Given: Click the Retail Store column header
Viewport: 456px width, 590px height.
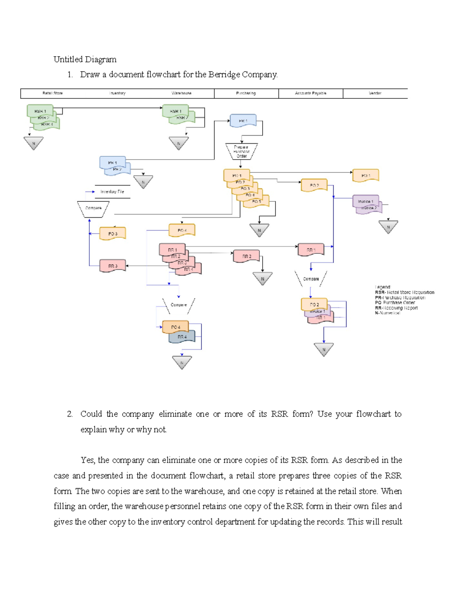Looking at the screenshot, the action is [x=53, y=93].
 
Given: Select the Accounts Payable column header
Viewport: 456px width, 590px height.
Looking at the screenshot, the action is [x=310, y=93].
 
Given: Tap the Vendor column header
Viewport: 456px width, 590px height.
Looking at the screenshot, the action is [x=375, y=93].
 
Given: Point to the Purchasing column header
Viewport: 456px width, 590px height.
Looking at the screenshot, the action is [x=246, y=93].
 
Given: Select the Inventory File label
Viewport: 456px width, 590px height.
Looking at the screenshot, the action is [x=112, y=192].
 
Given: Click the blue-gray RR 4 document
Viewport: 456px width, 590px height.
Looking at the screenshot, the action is [x=182, y=337].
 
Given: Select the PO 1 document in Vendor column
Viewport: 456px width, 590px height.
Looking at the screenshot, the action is [x=366, y=176].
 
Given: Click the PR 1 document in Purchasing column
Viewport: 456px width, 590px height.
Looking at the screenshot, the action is [x=243, y=121].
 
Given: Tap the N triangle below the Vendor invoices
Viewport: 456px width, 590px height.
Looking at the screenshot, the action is [x=388, y=227].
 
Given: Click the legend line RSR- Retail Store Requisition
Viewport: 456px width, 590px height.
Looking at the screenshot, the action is [x=404, y=293].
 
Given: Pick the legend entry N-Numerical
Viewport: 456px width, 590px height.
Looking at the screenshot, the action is [x=387, y=313].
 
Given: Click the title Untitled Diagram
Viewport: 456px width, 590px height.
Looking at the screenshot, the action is [x=85, y=59].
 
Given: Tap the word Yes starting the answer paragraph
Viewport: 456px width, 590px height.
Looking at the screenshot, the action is [x=87, y=460].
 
